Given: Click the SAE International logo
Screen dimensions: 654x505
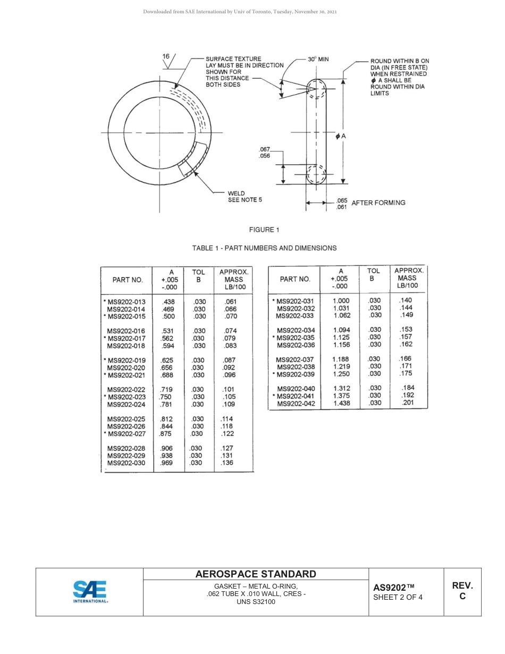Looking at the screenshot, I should [90, 592].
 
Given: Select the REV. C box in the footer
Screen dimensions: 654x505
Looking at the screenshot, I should [462, 591].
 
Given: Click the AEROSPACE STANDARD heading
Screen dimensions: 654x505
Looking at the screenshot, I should [256, 574].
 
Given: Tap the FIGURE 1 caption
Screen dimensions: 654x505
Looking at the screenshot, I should [264, 230].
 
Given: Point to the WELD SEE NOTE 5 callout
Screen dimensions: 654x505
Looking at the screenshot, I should [245, 197].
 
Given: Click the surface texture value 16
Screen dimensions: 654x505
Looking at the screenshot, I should [166, 56].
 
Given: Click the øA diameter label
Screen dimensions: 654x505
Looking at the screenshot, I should [341, 137].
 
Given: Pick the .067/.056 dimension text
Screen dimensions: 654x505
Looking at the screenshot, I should [264, 153].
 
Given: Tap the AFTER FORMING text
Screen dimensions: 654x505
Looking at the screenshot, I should [378, 203].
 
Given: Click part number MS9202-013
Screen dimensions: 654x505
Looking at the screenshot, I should [126, 302].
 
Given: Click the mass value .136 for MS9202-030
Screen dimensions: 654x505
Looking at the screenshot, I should [227, 463].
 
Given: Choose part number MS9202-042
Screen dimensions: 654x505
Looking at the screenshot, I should [296, 404].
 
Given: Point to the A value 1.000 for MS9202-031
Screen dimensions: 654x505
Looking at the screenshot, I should [341, 301].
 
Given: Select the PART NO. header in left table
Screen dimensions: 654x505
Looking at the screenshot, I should [127, 280].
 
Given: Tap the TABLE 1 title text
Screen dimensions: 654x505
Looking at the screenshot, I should [264, 248].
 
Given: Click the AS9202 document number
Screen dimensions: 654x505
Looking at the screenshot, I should [393, 587].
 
